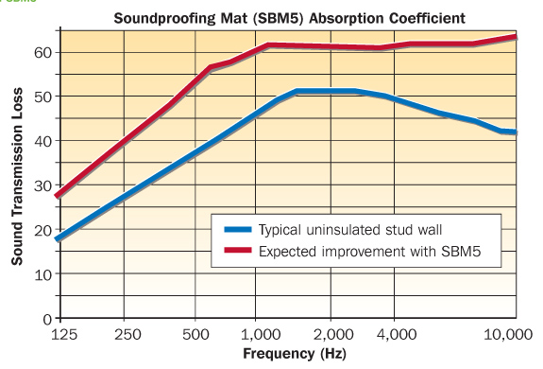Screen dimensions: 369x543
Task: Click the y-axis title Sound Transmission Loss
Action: (x=17, y=177)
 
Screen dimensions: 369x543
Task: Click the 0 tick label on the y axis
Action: (x=44, y=318)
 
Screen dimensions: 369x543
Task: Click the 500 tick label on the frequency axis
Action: (x=195, y=335)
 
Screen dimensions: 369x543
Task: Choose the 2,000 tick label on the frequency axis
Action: (x=330, y=335)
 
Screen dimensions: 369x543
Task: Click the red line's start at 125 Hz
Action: (x=59, y=196)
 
